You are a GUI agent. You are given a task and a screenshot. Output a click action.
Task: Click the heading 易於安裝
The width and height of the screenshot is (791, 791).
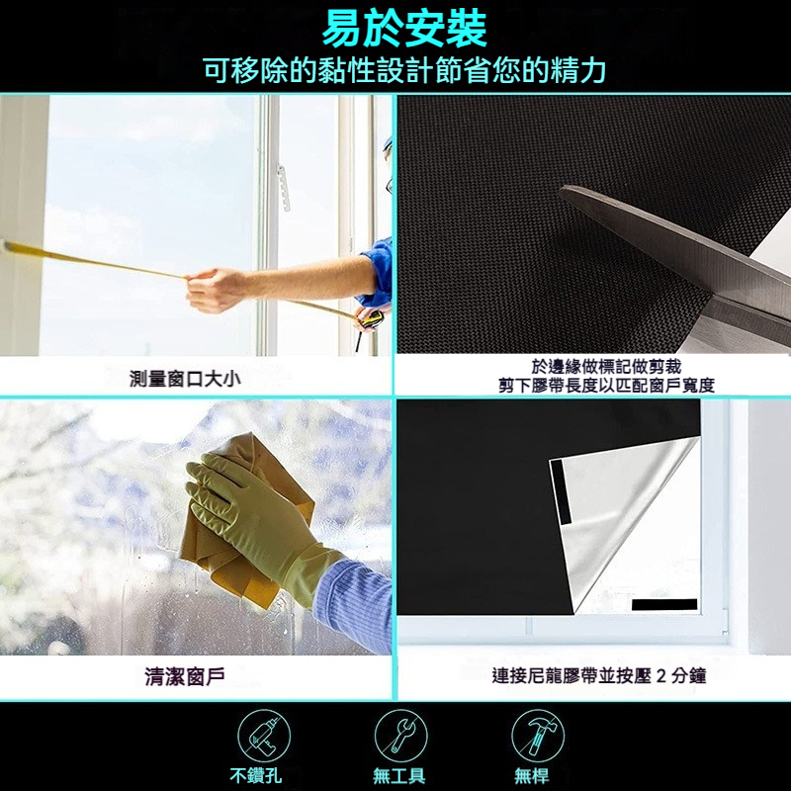tap(404, 29)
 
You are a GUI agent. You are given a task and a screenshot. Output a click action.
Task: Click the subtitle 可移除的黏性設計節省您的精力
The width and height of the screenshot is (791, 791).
tap(404, 70)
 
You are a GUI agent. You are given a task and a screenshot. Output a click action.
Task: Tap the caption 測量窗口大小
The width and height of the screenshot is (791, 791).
tap(185, 379)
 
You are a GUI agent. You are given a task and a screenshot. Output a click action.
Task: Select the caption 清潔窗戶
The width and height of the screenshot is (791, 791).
tap(185, 676)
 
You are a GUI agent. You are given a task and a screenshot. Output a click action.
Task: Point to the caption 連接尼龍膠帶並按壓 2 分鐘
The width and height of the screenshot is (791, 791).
tap(599, 675)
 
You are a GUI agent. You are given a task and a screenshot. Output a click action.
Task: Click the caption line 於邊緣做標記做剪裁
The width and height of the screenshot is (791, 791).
tap(606, 366)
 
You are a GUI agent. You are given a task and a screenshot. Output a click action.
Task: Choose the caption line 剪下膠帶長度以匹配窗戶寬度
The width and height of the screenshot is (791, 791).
tap(606, 386)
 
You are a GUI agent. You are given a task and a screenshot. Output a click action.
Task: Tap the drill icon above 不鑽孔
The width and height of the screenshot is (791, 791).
tap(264, 736)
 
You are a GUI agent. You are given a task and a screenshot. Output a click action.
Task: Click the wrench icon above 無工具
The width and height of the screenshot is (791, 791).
tap(400, 736)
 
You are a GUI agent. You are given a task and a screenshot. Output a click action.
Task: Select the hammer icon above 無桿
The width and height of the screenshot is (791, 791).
tap(537, 736)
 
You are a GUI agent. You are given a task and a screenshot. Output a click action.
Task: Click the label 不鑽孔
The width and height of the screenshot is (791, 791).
tap(255, 775)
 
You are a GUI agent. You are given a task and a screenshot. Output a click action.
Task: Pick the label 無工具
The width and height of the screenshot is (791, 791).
tap(398, 775)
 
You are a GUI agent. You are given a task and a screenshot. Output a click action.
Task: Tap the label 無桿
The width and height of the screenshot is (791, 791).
tap(531, 775)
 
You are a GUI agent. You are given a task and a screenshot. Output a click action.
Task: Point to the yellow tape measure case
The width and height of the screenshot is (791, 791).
tap(369, 319)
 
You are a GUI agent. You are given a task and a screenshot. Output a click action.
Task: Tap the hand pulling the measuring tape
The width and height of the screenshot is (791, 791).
tap(215, 290)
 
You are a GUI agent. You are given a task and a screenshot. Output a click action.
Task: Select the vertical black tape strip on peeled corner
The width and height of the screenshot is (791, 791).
tap(560, 491)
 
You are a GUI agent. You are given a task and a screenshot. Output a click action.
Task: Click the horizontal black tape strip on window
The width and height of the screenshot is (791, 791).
tap(664, 604)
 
